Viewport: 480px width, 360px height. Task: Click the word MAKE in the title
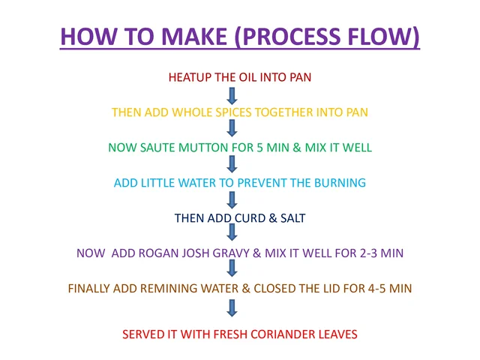point(194,37)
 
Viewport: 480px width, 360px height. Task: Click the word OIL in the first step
point(247,77)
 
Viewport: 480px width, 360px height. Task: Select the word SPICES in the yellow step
point(233,112)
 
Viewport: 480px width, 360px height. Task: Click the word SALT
point(293,218)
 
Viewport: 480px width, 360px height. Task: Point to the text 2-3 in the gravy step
point(367,253)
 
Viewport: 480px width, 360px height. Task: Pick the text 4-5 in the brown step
point(376,288)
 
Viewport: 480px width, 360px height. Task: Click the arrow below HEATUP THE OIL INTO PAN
point(232,96)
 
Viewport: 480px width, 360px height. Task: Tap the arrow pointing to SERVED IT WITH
point(232,308)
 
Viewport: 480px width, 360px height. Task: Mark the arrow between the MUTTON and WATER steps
point(232,164)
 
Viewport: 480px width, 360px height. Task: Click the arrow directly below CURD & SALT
point(232,232)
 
